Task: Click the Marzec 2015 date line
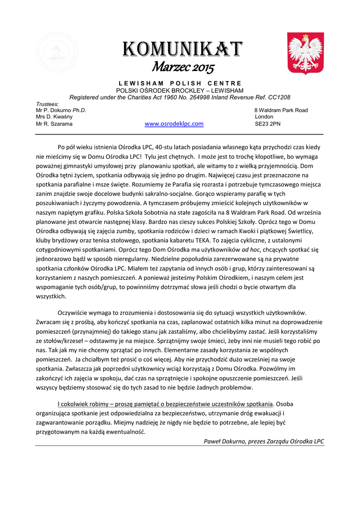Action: [183, 66]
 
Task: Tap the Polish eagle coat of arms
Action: [305, 53]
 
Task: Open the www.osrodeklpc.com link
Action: [174, 124]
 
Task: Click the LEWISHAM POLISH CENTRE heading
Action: [180, 83]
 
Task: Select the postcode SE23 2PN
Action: [267, 124]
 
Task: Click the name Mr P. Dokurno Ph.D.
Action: [61, 110]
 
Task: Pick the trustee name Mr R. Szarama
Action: [54, 124]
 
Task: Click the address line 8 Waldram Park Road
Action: [281, 110]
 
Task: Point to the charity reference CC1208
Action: [280, 97]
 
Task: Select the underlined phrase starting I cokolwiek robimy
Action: [165, 403]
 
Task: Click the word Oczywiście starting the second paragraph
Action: [76, 313]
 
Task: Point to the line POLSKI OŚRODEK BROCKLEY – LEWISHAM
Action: [180, 90]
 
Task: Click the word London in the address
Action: [264, 117]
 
